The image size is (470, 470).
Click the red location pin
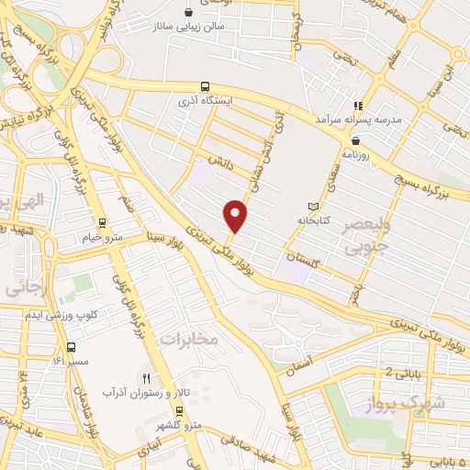(236, 215)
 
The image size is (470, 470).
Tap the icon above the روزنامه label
(355, 140)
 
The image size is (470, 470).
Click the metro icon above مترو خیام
(101, 221)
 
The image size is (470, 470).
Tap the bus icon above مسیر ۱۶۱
(72, 347)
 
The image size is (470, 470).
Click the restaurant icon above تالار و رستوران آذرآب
(144, 377)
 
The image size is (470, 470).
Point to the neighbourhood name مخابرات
(186, 340)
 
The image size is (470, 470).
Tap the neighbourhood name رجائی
(25, 286)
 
